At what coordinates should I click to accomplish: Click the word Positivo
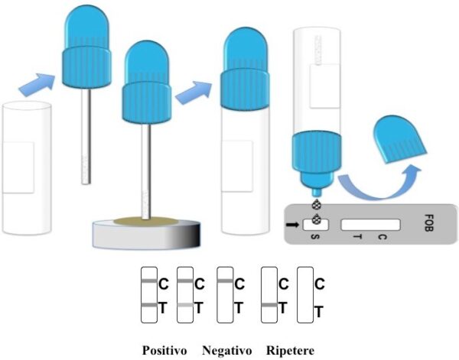[164, 351]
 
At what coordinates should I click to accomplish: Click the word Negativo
[227, 351]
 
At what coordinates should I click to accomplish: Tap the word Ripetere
[290, 351]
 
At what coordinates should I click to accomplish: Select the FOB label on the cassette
[431, 226]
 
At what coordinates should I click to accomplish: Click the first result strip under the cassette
[148, 296]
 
